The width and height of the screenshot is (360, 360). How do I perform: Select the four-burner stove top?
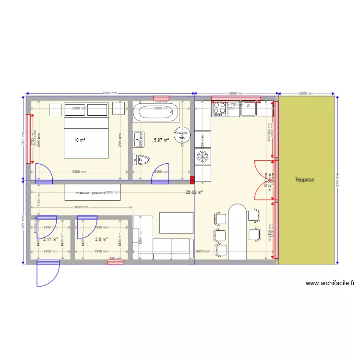pos(219,109)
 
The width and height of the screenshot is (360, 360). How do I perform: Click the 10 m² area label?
pos(79,140)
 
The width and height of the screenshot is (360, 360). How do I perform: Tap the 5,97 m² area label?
pos(161,140)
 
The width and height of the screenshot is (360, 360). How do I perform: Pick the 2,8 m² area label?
pos(101,239)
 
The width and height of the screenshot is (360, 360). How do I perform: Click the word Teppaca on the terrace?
pos(304,180)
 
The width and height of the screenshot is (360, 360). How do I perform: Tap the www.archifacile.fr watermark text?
pos(330,283)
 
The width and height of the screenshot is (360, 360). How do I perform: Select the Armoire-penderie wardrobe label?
pos(90,192)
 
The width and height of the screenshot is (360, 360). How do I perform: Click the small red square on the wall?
pos(192,180)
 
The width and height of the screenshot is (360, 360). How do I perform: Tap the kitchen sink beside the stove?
pos(248,109)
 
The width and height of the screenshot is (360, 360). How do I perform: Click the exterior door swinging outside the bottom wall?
pos(47,274)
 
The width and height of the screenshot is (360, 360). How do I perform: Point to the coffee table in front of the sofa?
pos(176,223)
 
